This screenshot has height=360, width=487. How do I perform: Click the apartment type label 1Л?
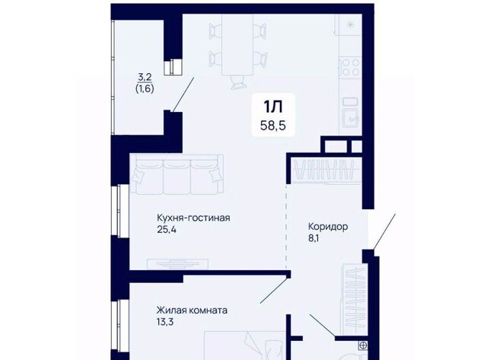[273, 107]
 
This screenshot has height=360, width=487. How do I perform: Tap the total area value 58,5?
[273, 126]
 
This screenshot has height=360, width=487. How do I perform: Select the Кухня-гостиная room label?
[193, 218]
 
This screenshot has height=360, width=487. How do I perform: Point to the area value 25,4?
[167, 230]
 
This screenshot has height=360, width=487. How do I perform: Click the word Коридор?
[328, 227]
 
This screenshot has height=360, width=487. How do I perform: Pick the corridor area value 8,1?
[314, 239]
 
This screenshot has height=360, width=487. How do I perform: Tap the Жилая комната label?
[192, 311]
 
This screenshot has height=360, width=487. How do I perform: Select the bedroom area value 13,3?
[165, 322]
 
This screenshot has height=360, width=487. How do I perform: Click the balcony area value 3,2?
[145, 77]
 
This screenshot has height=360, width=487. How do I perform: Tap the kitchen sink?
[352, 115]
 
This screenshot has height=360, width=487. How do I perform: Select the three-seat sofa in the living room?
[177, 174]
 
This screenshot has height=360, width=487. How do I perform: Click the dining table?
[237, 44]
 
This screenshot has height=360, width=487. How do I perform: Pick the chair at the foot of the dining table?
[237, 82]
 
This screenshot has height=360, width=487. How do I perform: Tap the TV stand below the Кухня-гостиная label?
[177, 264]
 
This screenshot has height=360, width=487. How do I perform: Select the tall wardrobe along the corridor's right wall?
[355, 300]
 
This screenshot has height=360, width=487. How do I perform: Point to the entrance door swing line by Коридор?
[384, 231]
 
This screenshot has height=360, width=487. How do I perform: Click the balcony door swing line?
[183, 94]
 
